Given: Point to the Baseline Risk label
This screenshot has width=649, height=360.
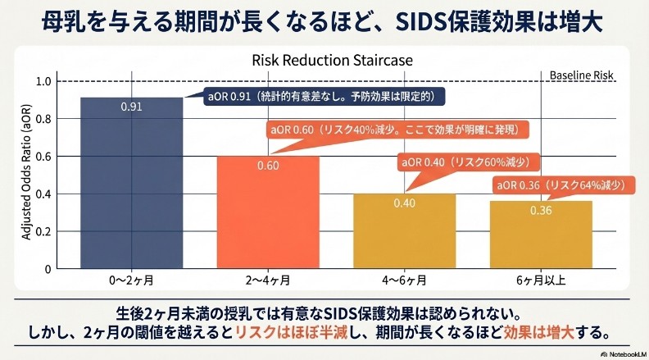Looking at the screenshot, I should pos(581,75).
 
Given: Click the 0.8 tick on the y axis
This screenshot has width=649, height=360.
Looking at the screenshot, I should pos(43,119).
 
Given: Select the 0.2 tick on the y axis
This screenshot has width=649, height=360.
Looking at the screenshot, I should pos(43,231).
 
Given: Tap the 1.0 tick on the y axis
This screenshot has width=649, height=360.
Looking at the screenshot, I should pos(43,81).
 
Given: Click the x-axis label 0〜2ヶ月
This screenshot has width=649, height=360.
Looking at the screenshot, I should pos(131,280).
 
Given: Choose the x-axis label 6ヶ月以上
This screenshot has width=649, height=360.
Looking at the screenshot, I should pos(540,280).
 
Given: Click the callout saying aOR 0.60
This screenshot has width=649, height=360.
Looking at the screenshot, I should pos(395,130).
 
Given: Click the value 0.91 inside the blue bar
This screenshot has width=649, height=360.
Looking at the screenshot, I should pos(131,107).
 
